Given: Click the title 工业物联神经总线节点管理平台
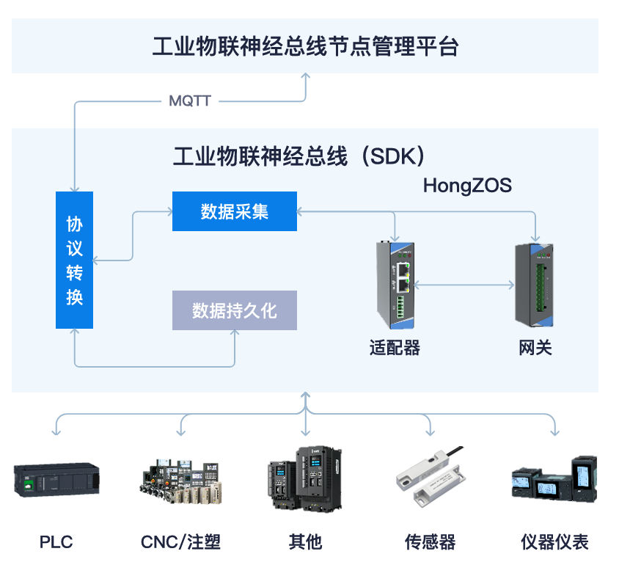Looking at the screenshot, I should (x=305, y=47).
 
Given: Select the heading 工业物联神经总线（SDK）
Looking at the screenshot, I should (x=299, y=156).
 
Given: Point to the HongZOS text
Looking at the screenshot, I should (x=467, y=186).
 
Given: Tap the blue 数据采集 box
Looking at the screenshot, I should (x=235, y=211).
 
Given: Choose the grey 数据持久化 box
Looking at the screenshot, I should (x=235, y=310).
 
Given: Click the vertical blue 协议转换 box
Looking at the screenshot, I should (x=75, y=260).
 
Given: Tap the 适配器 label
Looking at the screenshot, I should (x=395, y=348).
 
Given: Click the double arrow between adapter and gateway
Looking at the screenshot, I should (x=464, y=285).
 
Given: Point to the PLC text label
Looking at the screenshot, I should (x=56, y=542).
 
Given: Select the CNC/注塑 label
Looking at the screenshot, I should (x=180, y=542).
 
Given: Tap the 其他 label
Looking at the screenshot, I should (x=305, y=542).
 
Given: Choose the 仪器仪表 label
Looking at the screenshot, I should (x=554, y=542).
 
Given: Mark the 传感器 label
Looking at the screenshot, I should (x=431, y=542).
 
